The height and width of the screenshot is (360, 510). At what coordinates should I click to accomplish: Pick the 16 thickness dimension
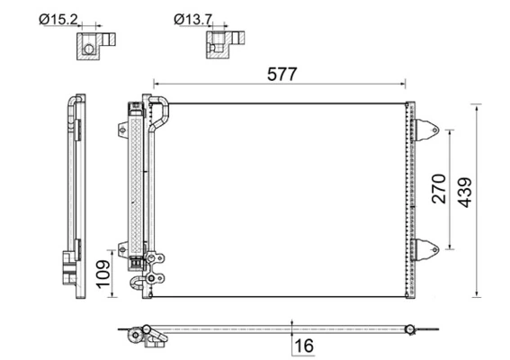click(306, 345)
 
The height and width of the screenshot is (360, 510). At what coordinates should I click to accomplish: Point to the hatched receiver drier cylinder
click(139, 180)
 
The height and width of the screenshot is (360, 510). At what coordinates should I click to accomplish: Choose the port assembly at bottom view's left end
click(144, 334)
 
